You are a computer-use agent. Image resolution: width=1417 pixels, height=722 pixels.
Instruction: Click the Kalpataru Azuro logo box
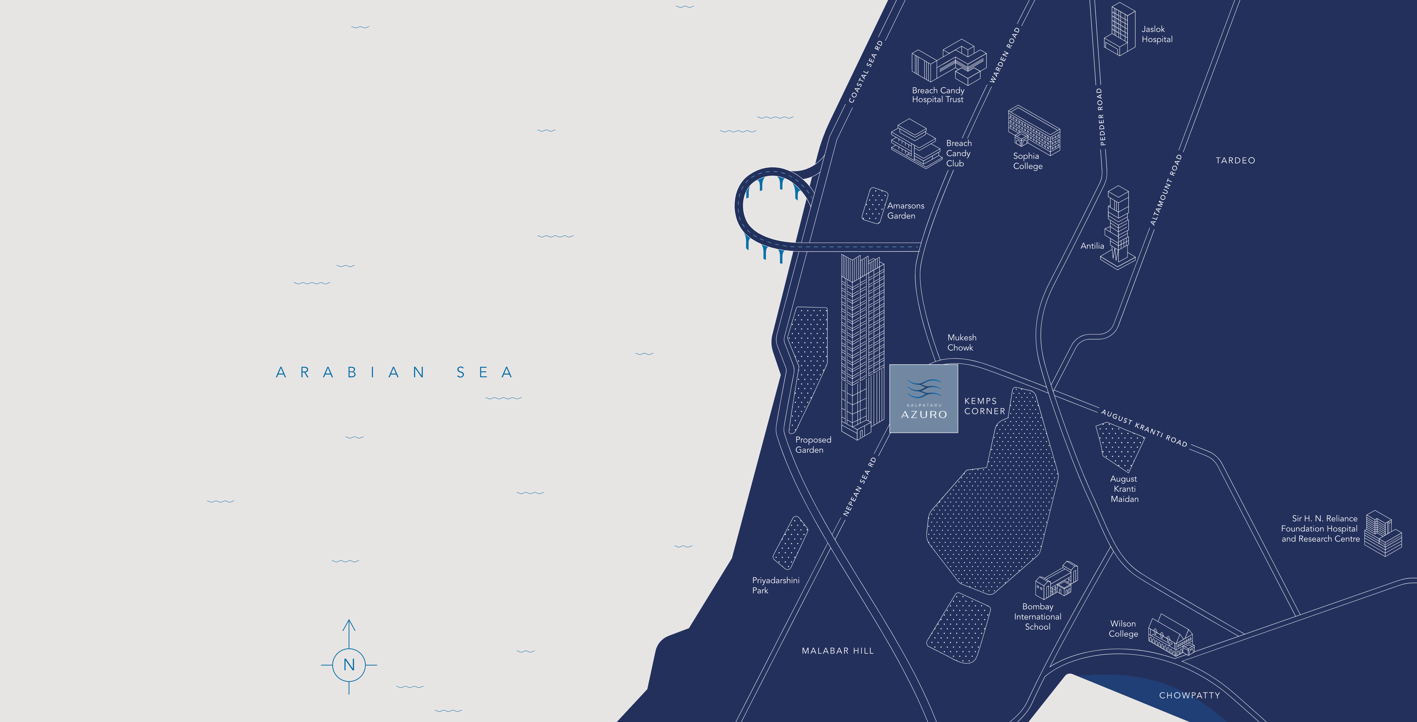tap(924, 399)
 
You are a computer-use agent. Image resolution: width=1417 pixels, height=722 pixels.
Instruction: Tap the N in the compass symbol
tap(349, 665)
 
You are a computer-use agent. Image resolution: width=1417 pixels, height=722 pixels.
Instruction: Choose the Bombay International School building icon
tap(1056, 581)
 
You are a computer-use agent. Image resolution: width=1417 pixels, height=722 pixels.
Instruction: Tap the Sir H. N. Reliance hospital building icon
tap(1383, 533)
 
